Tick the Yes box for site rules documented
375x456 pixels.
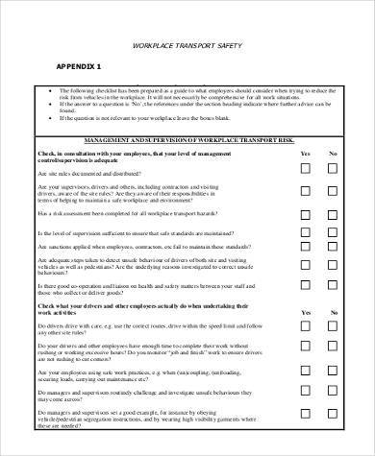tap(305, 168)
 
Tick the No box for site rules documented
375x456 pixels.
tap(334, 168)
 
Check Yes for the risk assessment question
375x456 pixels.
tap(305, 214)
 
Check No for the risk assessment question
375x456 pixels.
tap(334, 214)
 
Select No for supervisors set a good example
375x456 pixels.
tap(334, 425)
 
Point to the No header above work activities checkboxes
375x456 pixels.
tap(334, 312)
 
